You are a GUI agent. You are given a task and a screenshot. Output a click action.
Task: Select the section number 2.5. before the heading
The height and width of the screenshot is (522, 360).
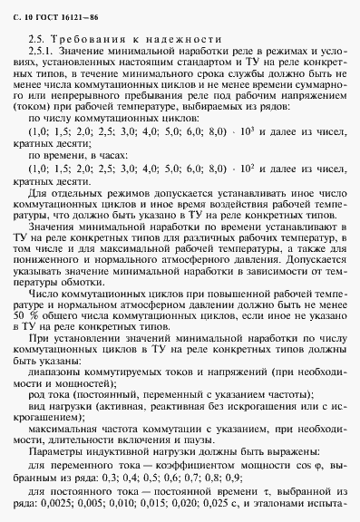(x=37, y=39)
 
